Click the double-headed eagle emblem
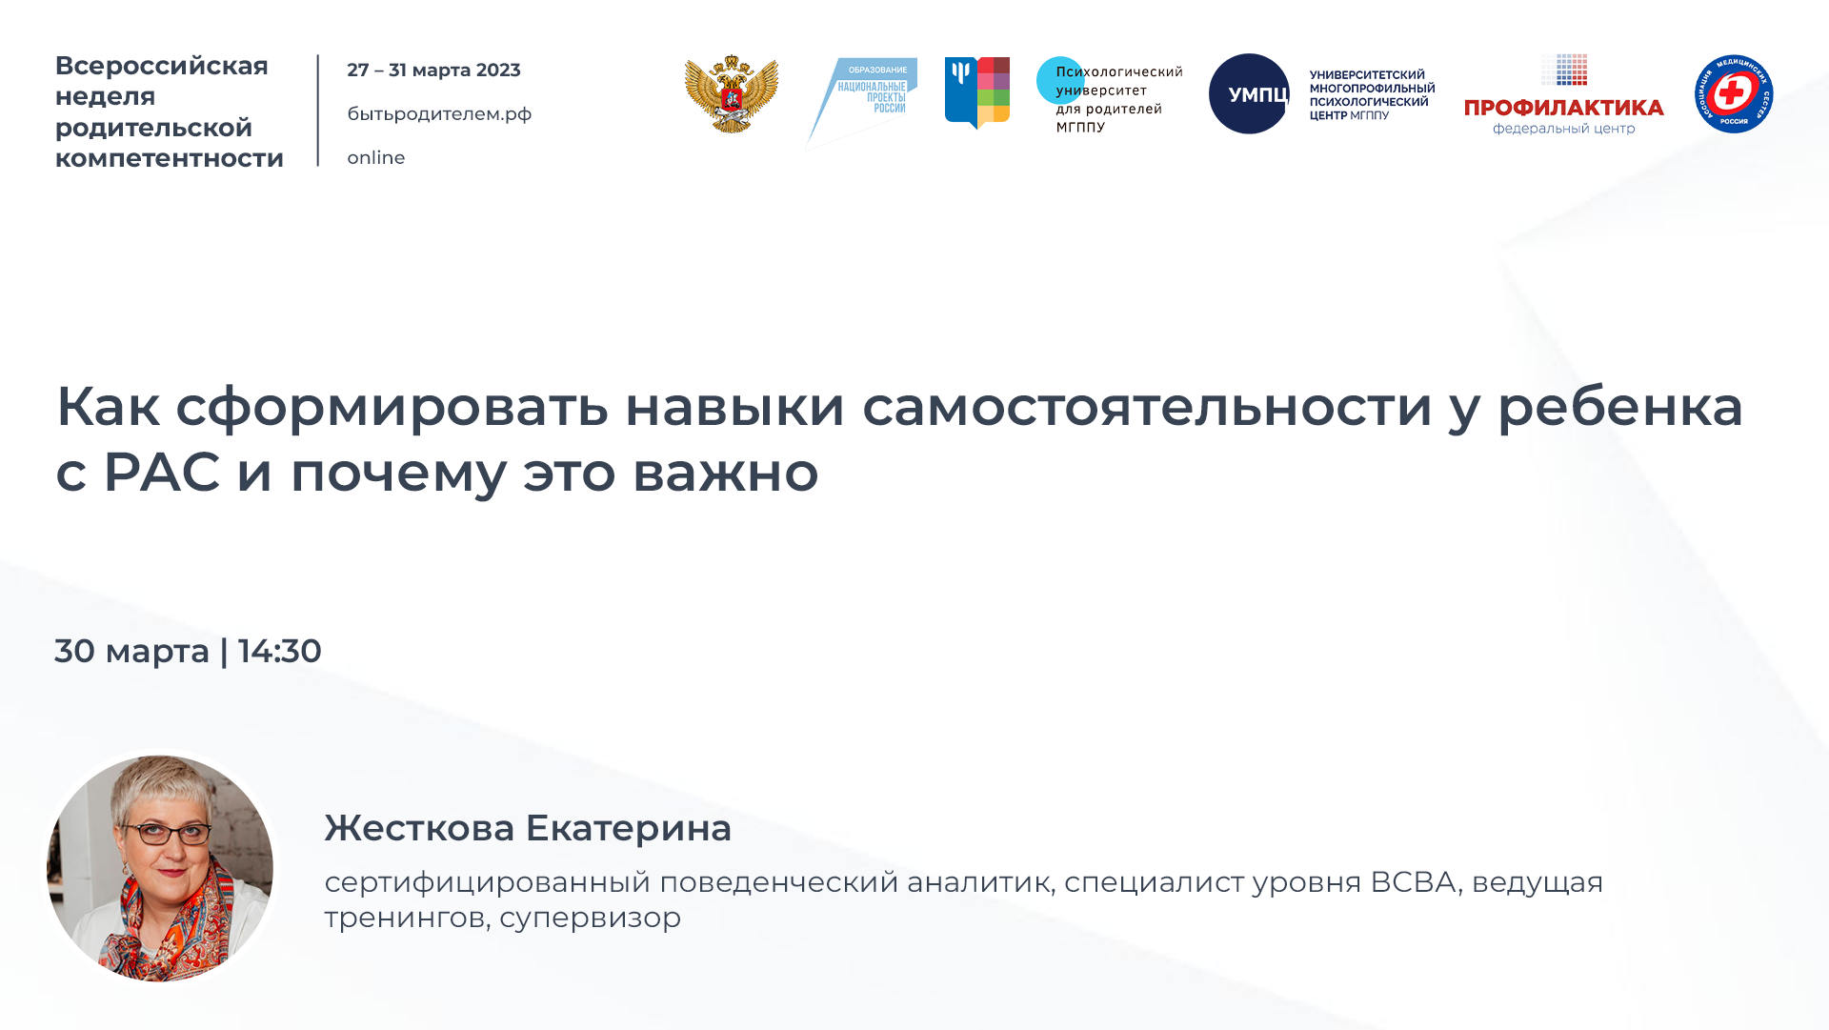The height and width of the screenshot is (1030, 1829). tap(731, 93)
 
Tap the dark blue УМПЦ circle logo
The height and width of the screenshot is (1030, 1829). tap(1249, 93)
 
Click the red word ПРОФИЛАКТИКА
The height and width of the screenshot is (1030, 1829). tap(1563, 108)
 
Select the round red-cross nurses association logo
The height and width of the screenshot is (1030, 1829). tap(1733, 93)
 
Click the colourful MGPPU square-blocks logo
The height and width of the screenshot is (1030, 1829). tap(977, 91)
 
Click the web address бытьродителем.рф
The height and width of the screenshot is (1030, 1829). tap(439, 114)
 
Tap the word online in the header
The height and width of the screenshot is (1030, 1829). tap(376, 158)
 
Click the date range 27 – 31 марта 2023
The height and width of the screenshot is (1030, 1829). tap(433, 71)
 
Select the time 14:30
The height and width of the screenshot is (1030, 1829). tap(280, 652)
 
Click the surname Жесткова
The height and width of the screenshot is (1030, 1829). tap(419, 828)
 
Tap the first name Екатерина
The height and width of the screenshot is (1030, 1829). tap(629, 828)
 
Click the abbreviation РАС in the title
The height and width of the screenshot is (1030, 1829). tap(162, 472)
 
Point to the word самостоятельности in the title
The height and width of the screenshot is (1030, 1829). tap(1147, 406)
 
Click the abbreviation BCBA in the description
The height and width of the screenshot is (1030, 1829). tap(1413, 882)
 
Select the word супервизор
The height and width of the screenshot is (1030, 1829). tap(590, 918)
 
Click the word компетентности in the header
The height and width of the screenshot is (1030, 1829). tap(170, 158)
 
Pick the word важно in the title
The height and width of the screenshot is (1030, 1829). tap(725, 472)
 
